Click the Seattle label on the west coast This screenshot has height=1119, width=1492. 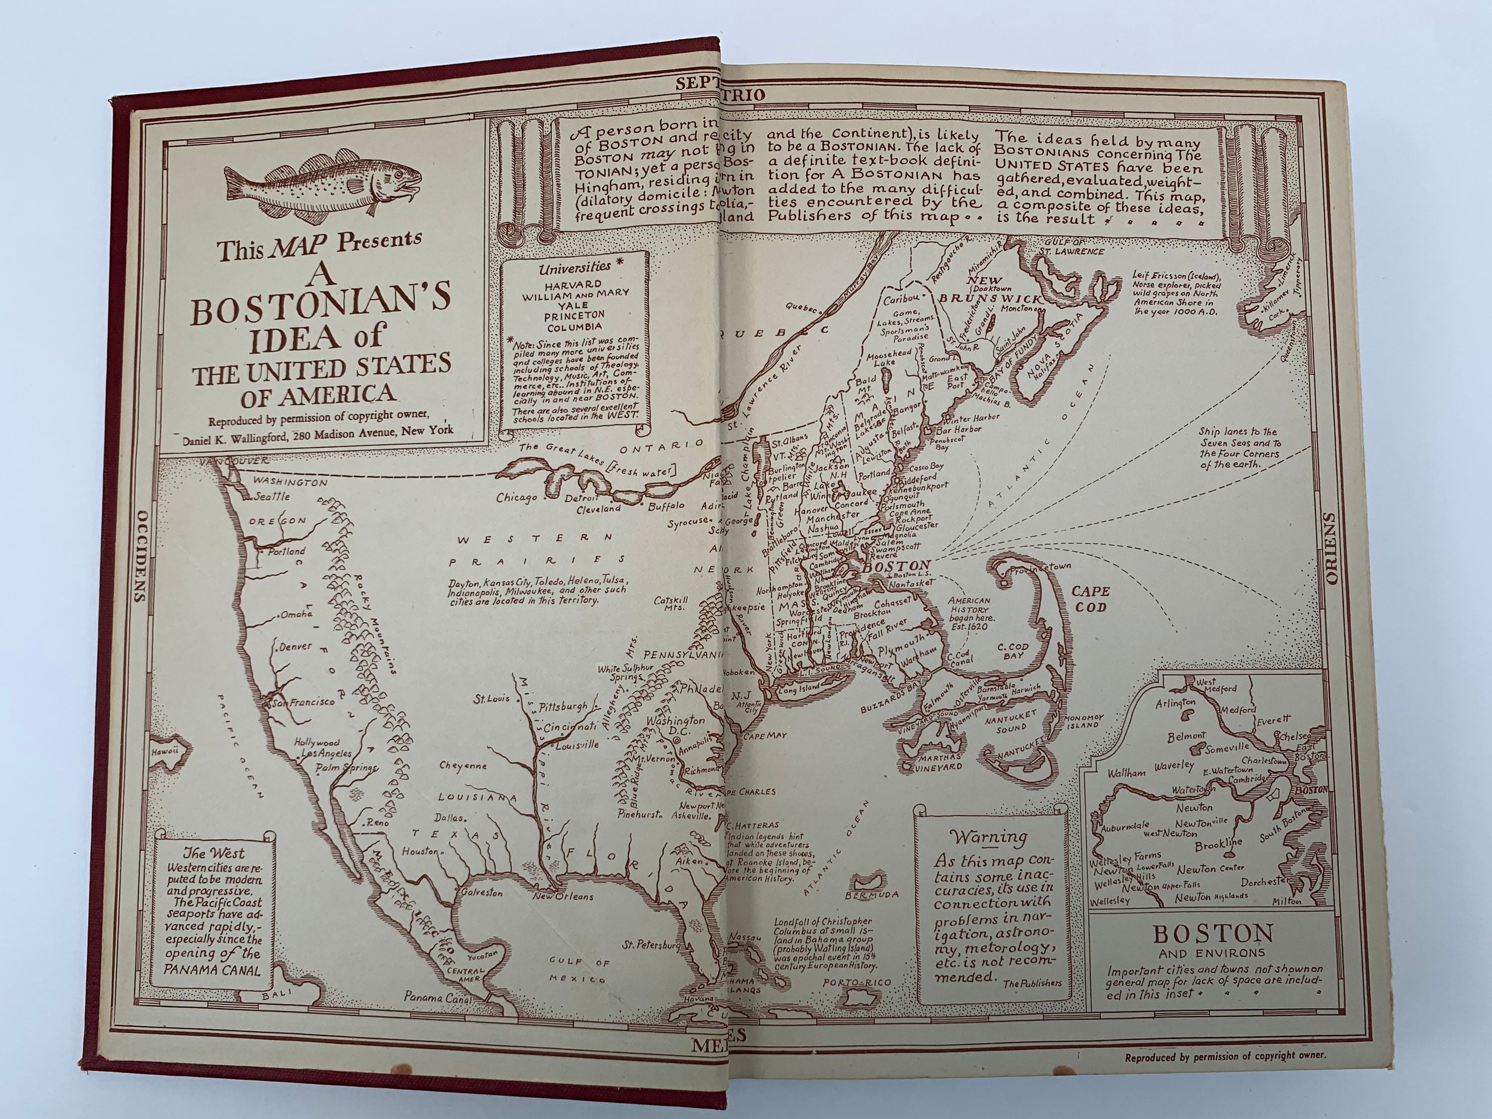click(x=272, y=497)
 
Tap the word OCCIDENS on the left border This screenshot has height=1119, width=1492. click(x=140, y=555)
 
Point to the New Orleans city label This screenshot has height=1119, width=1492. click(x=562, y=897)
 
